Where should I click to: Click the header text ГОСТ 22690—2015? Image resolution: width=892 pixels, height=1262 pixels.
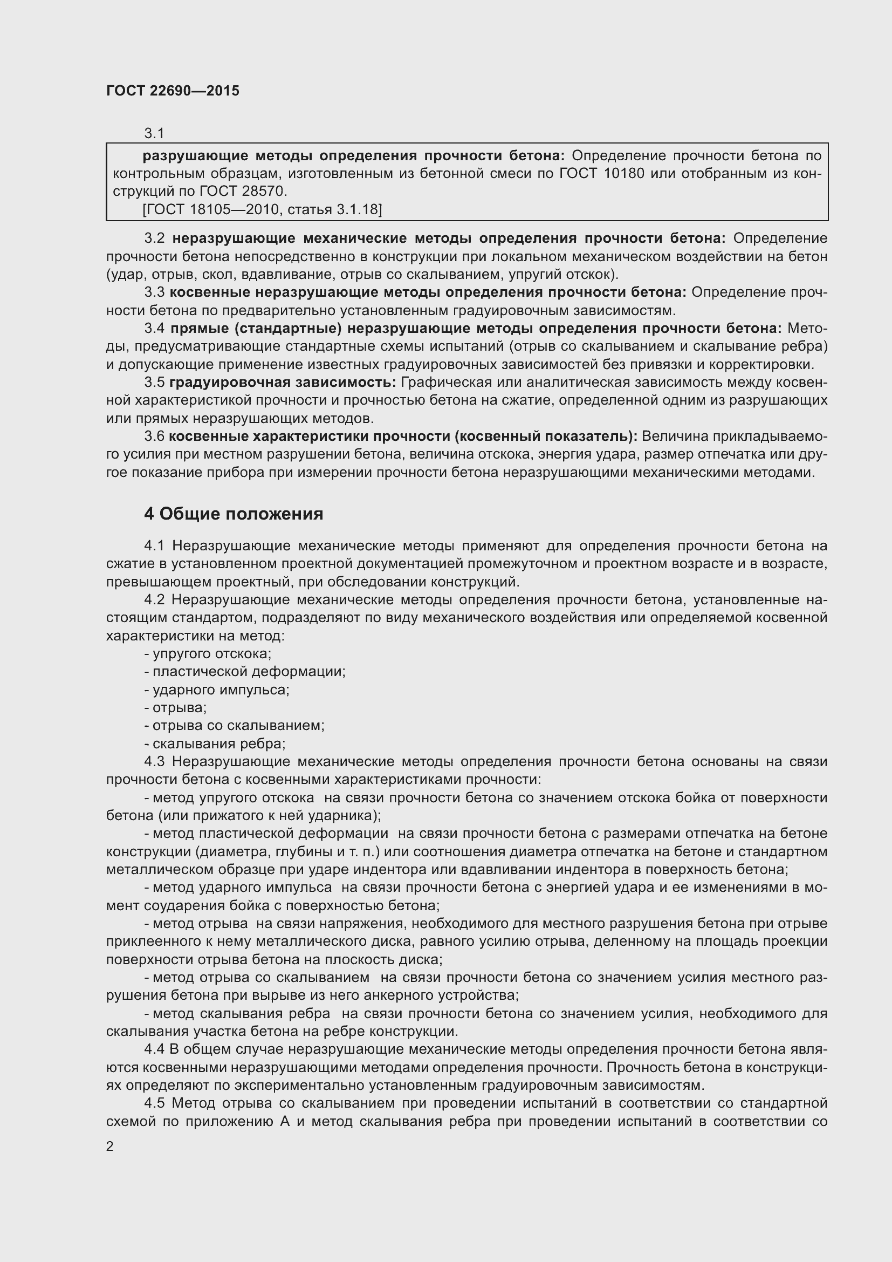click(173, 91)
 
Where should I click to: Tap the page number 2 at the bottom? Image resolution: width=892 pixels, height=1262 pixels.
click(110, 1147)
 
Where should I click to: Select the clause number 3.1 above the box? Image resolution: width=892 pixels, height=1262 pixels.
click(154, 133)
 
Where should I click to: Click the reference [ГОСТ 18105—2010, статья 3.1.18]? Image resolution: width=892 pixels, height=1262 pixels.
click(262, 209)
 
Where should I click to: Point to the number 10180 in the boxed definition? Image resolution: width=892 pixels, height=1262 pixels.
click(624, 174)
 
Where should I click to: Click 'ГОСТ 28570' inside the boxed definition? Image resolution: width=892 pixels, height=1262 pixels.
click(243, 192)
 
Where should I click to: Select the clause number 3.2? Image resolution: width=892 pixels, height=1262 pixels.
click(154, 238)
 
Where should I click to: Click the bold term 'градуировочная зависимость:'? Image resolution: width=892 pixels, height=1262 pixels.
click(282, 382)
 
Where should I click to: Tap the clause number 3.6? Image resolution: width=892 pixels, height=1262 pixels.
click(154, 436)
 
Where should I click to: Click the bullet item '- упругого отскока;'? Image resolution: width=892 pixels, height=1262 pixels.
click(208, 653)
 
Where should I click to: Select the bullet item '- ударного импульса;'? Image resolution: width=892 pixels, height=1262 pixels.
click(217, 689)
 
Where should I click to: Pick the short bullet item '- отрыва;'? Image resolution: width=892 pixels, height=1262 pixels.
click(175, 707)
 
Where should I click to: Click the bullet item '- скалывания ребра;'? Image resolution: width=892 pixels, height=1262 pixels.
click(215, 743)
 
